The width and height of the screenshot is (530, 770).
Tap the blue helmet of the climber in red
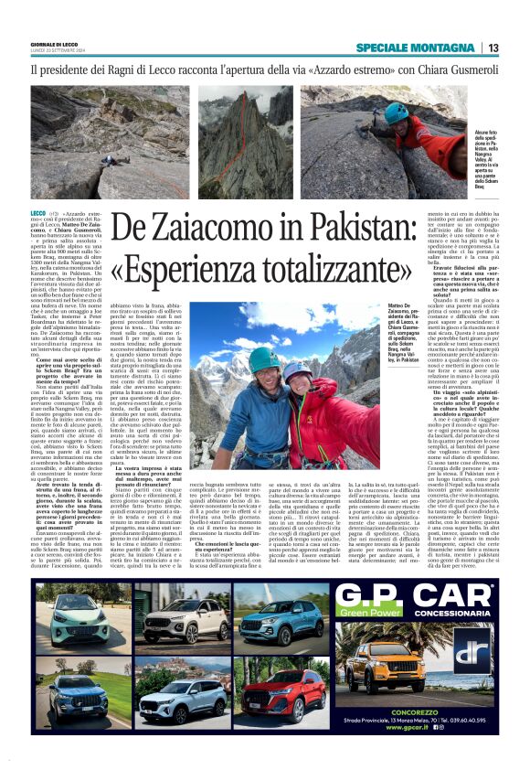pyautogui.click(x=396, y=110)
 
